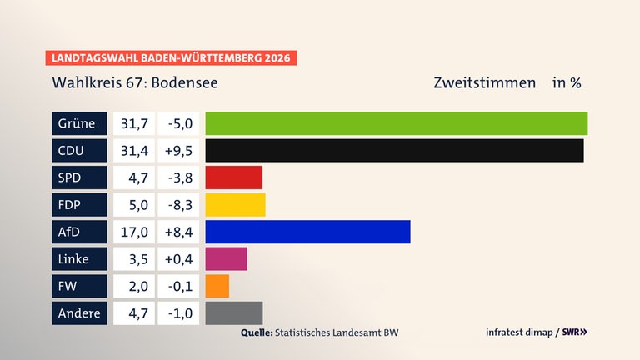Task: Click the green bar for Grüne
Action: (396, 123)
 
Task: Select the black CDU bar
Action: (394, 151)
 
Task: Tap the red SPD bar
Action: (233, 177)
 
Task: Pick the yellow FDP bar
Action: (235, 205)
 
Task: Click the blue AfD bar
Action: (307, 232)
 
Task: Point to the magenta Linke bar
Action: (226, 259)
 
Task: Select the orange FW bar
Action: (217, 286)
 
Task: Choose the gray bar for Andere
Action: (233, 313)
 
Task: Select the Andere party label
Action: (79, 313)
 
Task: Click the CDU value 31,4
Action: (133, 151)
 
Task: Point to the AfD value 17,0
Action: (133, 232)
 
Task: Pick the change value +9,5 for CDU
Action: (177, 151)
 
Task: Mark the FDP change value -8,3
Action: (177, 205)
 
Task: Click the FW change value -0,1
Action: (177, 286)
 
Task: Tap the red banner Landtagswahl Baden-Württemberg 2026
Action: (171, 58)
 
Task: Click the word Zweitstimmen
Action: (484, 83)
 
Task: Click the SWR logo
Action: (573, 332)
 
